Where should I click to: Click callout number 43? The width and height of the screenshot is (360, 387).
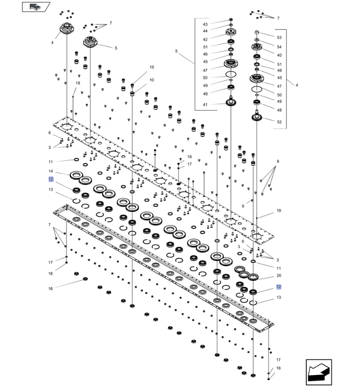[x=205, y=24]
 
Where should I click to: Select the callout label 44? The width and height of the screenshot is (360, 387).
[x=205, y=31]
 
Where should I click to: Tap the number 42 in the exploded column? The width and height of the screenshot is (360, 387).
[x=205, y=39]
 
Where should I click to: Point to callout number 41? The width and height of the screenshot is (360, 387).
[x=205, y=104]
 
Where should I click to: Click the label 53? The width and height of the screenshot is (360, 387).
[x=279, y=38]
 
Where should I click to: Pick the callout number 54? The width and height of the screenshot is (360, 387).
[x=279, y=46]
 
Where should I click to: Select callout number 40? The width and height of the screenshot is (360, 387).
[x=279, y=55]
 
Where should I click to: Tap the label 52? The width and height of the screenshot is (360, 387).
[x=279, y=122]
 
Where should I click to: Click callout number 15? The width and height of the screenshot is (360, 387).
[x=152, y=67]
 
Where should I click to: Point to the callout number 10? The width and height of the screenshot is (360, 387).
[x=152, y=80]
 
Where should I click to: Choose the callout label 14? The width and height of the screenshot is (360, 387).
[x=51, y=171]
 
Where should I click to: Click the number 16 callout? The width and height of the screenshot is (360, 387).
[x=51, y=289]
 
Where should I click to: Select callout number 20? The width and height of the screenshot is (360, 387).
[x=279, y=275]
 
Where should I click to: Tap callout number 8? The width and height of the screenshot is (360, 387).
[x=278, y=161]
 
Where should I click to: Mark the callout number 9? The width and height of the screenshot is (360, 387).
[x=243, y=206]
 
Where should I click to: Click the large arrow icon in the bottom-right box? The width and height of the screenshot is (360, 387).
[x=319, y=372]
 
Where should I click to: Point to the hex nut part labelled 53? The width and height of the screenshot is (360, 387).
[x=257, y=32]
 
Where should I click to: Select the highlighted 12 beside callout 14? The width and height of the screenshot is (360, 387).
[x=51, y=179]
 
